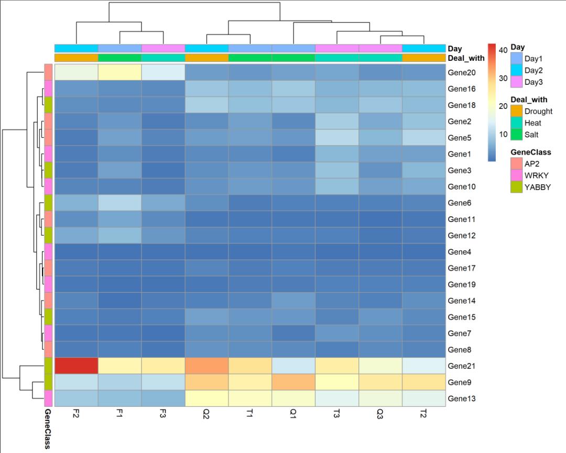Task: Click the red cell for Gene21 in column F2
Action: pyautogui.click(x=76, y=366)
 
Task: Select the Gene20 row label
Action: pyautogui.click(x=461, y=73)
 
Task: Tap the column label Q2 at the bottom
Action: pyautogui.click(x=206, y=413)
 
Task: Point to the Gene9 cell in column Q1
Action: pyautogui.click(x=293, y=382)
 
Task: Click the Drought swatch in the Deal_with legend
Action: pyautogui.click(x=517, y=112)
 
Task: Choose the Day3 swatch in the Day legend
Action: pyautogui.click(x=517, y=82)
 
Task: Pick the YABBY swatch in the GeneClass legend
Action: pyautogui.click(x=517, y=187)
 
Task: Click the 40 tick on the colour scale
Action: pyautogui.click(x=502, y=50)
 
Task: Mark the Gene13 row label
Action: pyautogui.click(x=461, y=399)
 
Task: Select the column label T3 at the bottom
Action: pyautogui.click(x=336, y=413)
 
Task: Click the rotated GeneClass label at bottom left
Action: pyautogui.click(x=47, y=430)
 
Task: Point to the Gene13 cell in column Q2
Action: pyautogui.click(x=206, y=399)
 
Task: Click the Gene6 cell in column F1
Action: pyautogui.click(x=119, y=203)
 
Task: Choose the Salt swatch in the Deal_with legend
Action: pyautogui.click(x=517, y=135)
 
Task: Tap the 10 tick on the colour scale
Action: pyautogui.click(x=502, y=134)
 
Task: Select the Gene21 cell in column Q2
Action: pyautogui.click(x=206, y=366)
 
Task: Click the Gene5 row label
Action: pyautogui.click(x=460, y=138)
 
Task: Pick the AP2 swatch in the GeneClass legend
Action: pyautogui.click(x=517, y=163)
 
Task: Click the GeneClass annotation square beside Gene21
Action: pyautogui.click(x=47, y=366)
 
